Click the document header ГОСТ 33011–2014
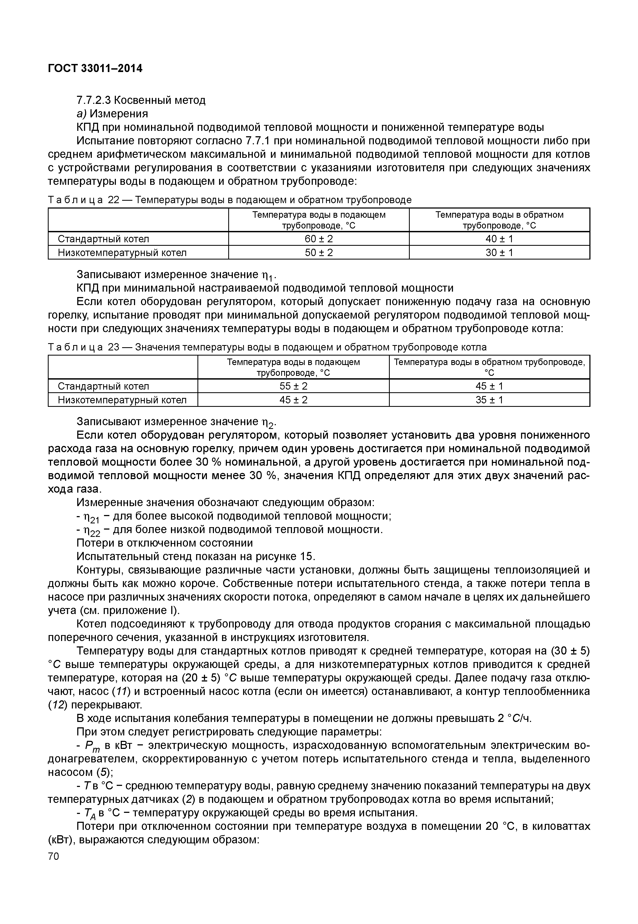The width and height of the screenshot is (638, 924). tap(95, 69)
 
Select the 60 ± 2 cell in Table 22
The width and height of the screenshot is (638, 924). tap(319, 239)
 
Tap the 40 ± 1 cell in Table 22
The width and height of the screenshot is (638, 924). tap(499, 239)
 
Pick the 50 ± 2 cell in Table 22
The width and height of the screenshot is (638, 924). tap(319, 252)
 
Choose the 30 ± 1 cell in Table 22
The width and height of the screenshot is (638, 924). tap(499, 252)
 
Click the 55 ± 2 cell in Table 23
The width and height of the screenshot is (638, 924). tap(293, 386)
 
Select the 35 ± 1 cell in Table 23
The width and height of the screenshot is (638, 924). tap(489, 400)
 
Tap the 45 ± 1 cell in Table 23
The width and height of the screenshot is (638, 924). tap(489, 386)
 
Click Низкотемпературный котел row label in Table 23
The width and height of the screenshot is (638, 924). tap(122, 400)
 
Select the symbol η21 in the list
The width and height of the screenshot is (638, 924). tap(91, 517)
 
